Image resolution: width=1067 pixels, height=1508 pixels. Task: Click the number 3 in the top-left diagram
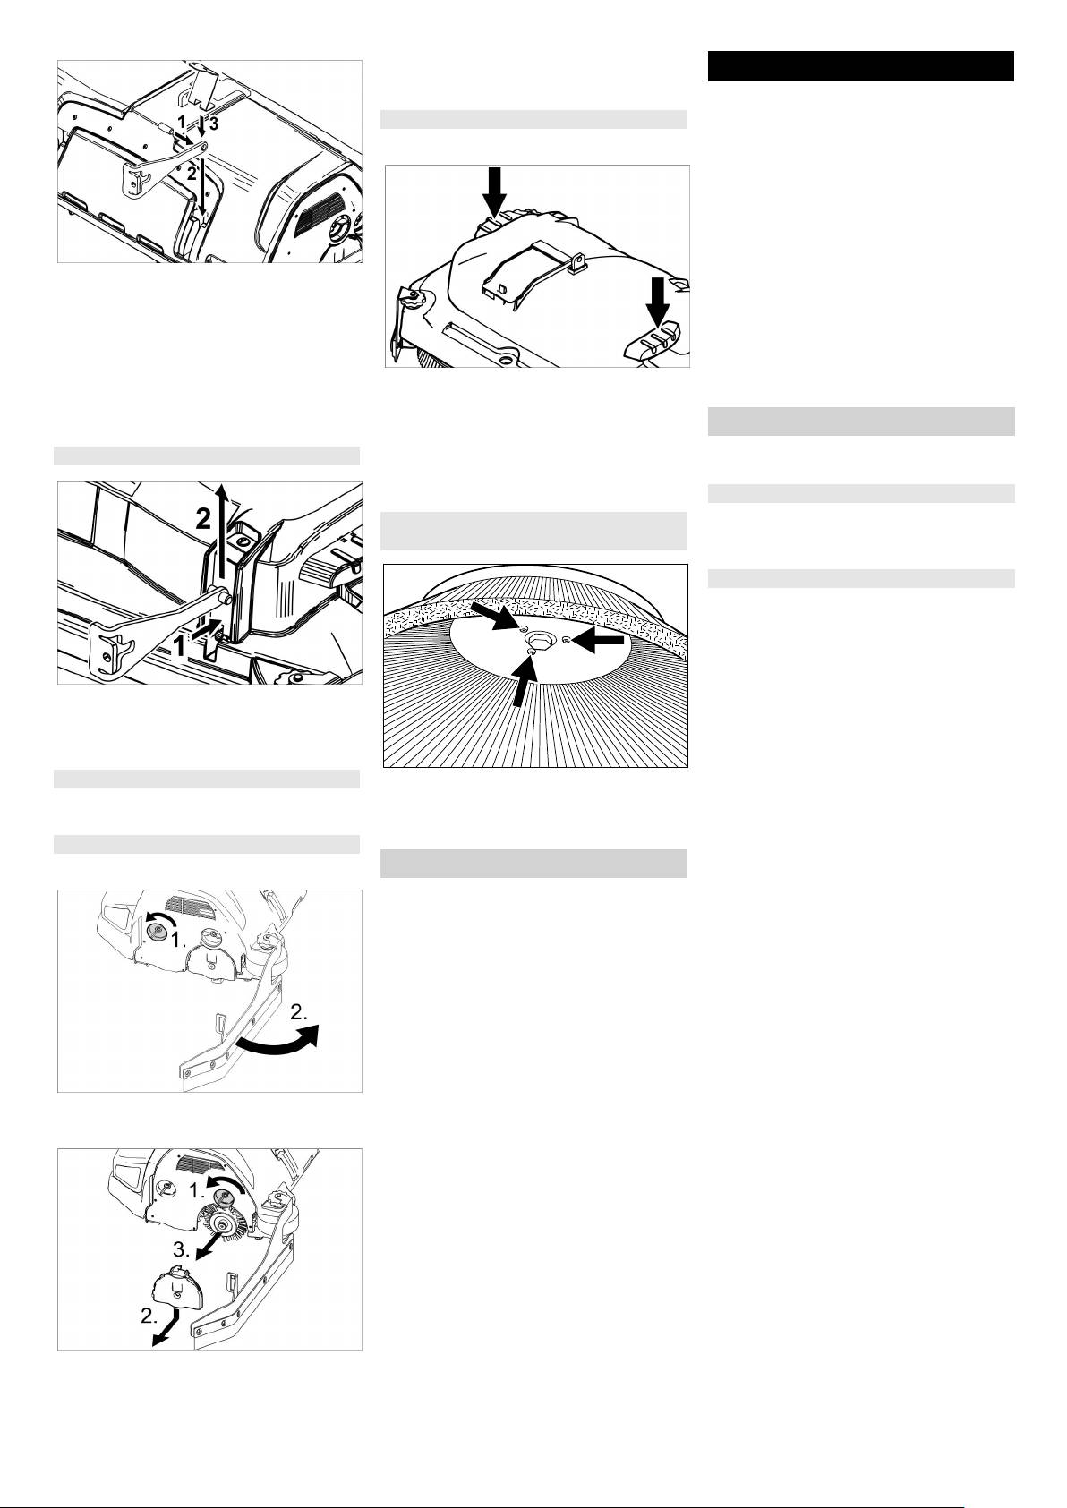click(214, 124)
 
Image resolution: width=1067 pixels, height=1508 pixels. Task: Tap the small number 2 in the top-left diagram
click(192, 173)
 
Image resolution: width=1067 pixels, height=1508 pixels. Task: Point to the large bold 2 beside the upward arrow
click(203, 518)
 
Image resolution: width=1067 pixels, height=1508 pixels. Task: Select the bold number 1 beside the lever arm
click(180, 646)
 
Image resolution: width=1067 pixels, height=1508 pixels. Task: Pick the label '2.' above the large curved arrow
click(300, 1011)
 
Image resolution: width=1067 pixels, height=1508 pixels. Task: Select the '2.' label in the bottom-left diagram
click(149, 1316)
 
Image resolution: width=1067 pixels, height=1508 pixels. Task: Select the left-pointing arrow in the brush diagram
click(599, 642)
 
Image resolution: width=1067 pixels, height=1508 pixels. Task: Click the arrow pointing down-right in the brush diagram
click(493, 616)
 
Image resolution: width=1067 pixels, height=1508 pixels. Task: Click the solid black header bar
click(861, 66)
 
